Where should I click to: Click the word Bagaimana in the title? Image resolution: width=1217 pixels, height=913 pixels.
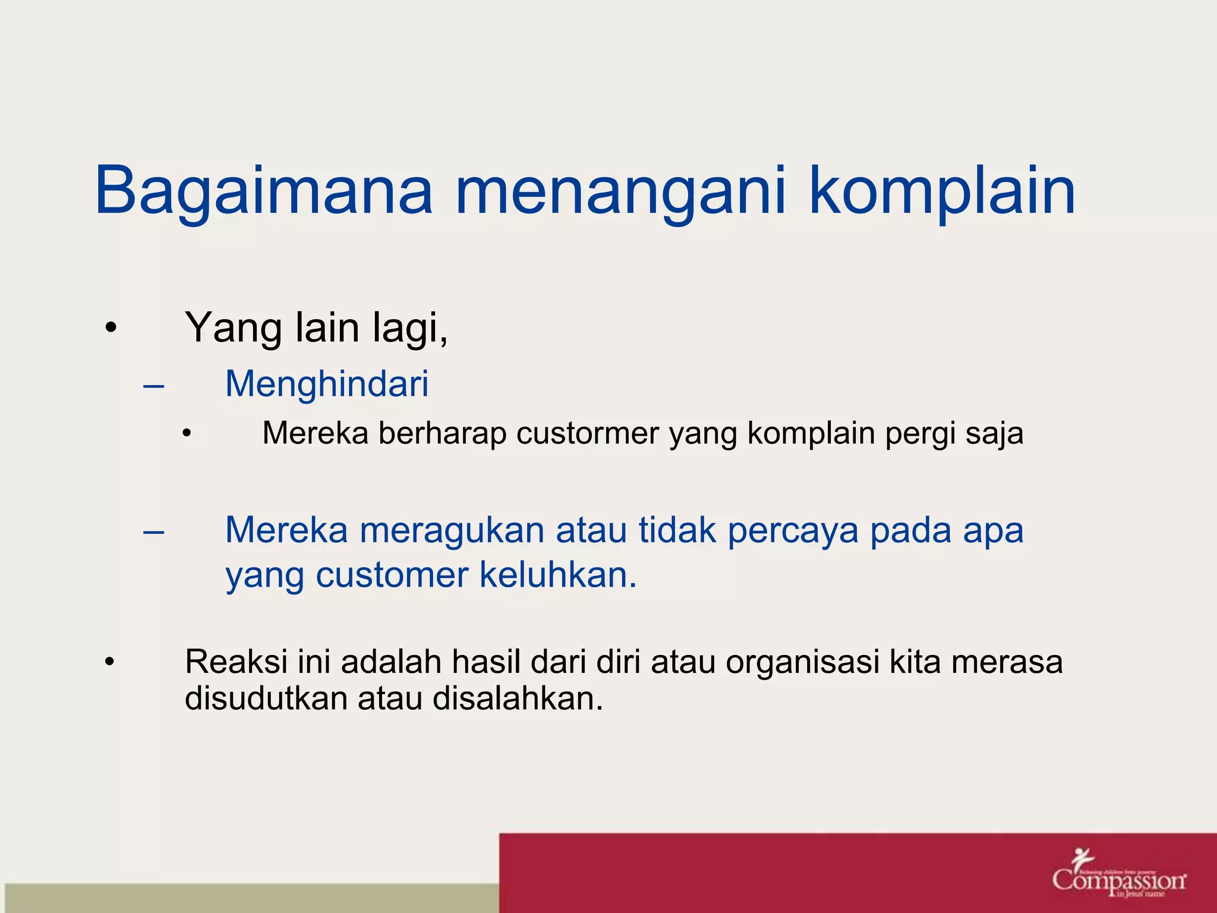263,191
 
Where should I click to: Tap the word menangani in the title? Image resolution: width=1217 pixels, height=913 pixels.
620,191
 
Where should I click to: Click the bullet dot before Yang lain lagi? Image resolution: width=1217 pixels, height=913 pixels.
111,328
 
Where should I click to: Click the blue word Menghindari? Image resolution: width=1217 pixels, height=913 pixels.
327,383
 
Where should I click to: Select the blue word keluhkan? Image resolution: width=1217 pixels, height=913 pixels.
558,575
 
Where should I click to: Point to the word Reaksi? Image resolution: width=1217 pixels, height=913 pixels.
237,662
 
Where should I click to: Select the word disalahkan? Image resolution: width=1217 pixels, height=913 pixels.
518,698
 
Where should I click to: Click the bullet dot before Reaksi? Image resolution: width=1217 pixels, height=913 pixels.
109,662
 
